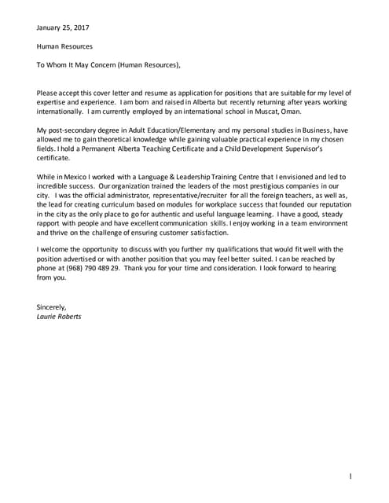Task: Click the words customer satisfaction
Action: (x=191, y=233)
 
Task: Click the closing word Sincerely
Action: (x=52, y=307)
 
